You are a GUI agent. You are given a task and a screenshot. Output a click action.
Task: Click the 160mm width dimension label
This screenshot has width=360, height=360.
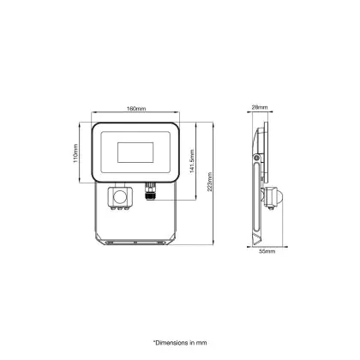pos(136,109)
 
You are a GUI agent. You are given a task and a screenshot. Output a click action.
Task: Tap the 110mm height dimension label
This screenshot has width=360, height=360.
pos(75,153)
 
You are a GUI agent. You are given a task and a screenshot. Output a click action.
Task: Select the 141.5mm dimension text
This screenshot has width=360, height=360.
pos(192,161)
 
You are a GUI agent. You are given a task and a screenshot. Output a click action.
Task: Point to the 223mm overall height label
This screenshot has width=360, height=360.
pos(210,182)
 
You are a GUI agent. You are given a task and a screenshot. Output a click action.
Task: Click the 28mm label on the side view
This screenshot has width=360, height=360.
pos(260,107)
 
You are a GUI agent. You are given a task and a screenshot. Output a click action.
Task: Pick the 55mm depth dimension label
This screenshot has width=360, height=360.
pos(267,251)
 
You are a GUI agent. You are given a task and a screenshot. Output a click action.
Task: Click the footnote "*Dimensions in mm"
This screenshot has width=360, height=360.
pos(180,343)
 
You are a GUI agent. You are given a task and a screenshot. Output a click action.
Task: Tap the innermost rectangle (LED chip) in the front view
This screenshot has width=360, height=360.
pos(135,153)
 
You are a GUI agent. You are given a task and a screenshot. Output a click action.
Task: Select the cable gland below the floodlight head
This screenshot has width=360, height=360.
pos(149,191)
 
